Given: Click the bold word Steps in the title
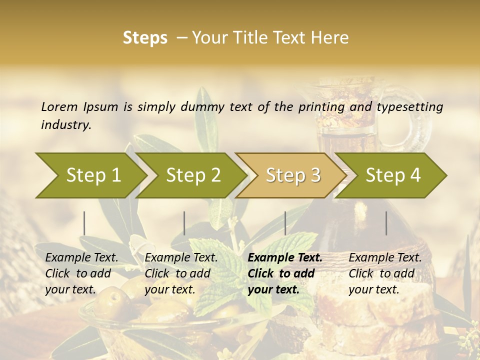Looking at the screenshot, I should click(145, 38).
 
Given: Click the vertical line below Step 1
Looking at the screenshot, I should click(84, 223).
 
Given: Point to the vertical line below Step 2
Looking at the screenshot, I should click(184, 223).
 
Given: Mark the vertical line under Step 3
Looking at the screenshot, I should click(285, 223).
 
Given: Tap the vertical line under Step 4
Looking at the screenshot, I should click(386, 223).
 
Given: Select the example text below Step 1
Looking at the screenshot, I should click(81, 273).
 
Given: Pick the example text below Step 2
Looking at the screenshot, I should click(181, 273).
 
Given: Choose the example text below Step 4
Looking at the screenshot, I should click(385, 273).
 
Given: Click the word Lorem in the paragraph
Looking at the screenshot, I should click(59, 107).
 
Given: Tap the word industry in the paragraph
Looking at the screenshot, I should click(66, 125).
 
